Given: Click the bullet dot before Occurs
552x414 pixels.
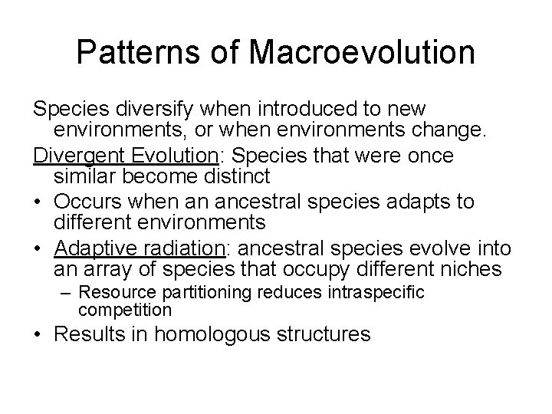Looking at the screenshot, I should pyautogui.click(x=38, y=202).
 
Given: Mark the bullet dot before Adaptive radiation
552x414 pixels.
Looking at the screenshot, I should pyautogui.click(x=38, y=248).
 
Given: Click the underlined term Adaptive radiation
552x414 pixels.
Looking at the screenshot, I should pyautogui.click(x=137, y=248).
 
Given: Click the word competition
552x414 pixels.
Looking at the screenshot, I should pyautogui.click(x=124, y=310).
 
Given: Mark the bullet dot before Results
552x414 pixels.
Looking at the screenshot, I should pyautogui.click(x=38, y=334).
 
